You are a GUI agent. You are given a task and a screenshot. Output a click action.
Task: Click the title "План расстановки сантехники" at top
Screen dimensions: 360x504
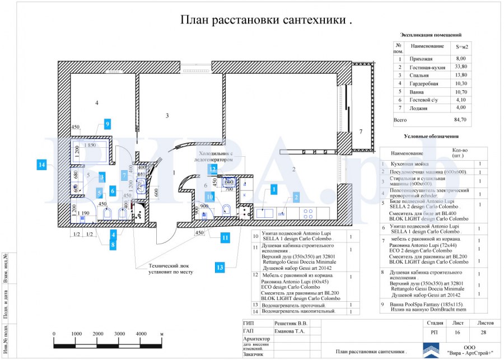265,20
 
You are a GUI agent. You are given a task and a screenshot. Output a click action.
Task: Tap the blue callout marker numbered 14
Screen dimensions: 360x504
41,165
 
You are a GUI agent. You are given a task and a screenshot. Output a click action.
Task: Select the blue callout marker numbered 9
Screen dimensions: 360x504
106,124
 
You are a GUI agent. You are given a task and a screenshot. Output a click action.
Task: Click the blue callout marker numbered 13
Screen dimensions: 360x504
220,267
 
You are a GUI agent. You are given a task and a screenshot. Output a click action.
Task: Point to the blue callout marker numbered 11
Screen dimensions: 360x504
225,237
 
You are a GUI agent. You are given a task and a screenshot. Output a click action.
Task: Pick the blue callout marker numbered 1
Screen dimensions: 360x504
273,189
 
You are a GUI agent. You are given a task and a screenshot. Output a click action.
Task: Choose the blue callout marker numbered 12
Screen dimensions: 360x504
213,168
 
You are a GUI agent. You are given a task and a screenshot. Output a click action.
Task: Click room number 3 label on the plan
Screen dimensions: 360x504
167,115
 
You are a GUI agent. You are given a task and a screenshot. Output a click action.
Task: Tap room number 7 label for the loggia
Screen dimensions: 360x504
361,132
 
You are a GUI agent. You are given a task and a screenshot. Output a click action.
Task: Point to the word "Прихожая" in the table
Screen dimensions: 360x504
422,58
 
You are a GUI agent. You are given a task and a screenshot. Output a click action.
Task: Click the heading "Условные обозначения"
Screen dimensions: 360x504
431,136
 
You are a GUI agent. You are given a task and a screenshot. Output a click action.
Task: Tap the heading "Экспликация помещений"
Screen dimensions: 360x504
431,35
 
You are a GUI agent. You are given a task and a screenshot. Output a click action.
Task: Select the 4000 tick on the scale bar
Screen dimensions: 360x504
141,333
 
